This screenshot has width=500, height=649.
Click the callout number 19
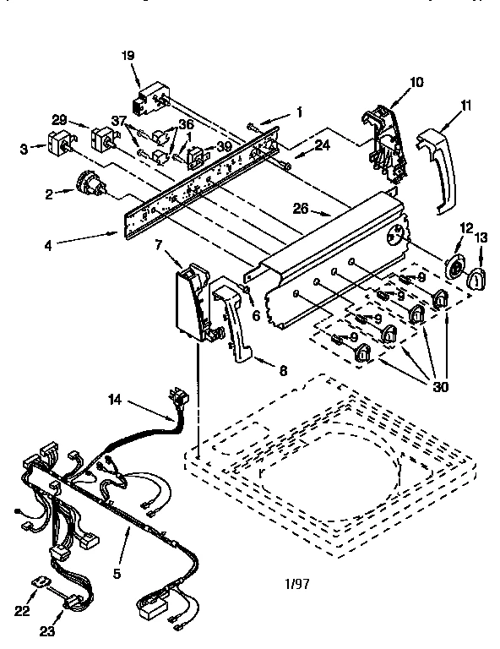[x=128, y=56]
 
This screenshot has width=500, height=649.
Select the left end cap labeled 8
[x=233, y=321]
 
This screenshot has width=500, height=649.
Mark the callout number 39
[x=225, y=146]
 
